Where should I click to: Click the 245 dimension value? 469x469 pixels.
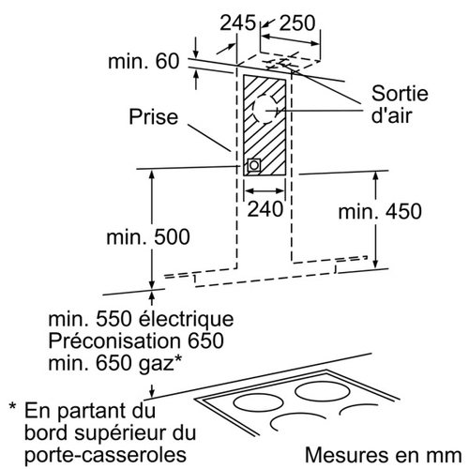(237, 23)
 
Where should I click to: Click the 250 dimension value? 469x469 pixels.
(297, 23)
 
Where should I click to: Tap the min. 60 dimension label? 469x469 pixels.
(144, 61)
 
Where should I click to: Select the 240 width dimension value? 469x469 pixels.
(265, 209)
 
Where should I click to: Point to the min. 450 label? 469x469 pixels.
(380, 211)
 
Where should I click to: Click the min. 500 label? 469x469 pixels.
(148, 237)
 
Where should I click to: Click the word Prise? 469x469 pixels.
(154, 116)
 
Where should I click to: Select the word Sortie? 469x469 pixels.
(400, 93)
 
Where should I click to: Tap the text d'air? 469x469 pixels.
(391, 115)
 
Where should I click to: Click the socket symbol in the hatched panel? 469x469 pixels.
(253, 165)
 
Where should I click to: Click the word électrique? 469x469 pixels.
(186, 319)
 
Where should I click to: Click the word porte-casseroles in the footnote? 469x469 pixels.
(106, 454)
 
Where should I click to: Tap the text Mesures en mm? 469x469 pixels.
(384, 455)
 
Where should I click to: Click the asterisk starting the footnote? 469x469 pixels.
(12, 406)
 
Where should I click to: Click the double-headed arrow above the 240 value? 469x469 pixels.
(265, 190)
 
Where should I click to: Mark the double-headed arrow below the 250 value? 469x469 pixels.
(291, 40)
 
